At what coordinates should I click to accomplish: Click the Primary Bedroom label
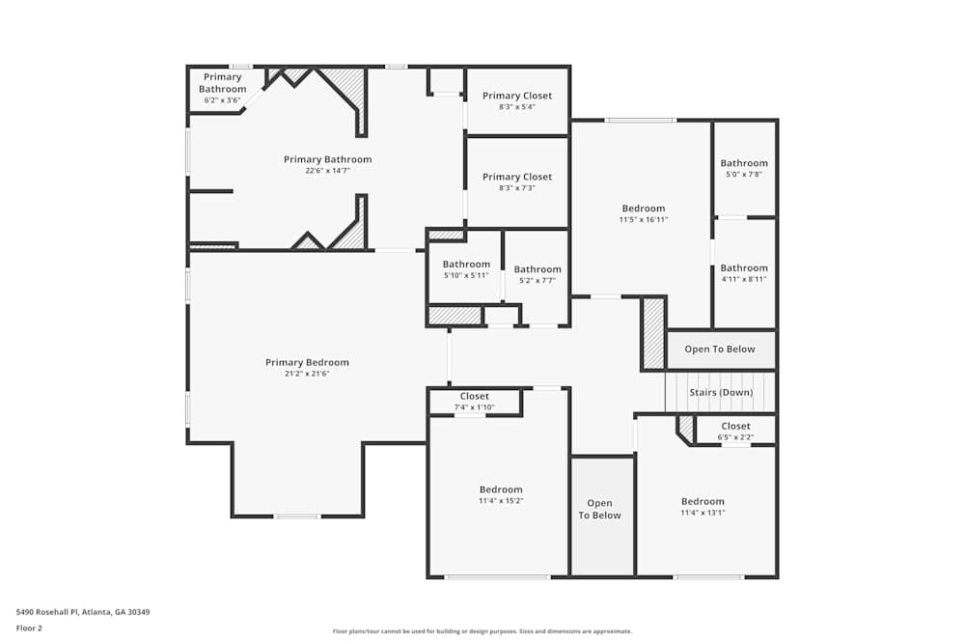tap(307, 362)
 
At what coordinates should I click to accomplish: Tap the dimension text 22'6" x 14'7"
tap(327, 171)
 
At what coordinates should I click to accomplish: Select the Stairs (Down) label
tap(721, 392)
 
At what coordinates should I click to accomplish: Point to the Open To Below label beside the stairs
tap(720, 349)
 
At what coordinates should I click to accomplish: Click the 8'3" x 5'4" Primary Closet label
tap(517, 96)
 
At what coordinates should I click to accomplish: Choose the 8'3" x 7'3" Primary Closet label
tap(517, 177)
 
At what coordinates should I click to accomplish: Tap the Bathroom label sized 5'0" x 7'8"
tap(744, 163)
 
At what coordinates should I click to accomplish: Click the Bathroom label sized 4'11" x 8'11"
tap(744, 267)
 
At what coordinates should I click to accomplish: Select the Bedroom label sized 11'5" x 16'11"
tap(644, 209)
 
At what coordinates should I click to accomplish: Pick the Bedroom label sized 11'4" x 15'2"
tap(501, 490)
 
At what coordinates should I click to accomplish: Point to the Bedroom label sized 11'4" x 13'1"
tap(703, 501)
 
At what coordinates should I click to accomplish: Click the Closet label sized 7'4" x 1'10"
tap(475, 396)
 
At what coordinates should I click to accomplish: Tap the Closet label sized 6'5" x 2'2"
tap(735, 426)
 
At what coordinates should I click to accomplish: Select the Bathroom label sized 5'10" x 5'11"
tap(466, 265)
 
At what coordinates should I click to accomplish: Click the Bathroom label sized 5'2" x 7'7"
tap(538, 269)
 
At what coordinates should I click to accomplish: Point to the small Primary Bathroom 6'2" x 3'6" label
tap(223, 83)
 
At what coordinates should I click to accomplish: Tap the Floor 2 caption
tap(30, 628)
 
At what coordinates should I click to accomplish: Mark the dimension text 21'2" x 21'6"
tap(307, 374)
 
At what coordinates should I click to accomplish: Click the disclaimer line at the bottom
tap(482, 631)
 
